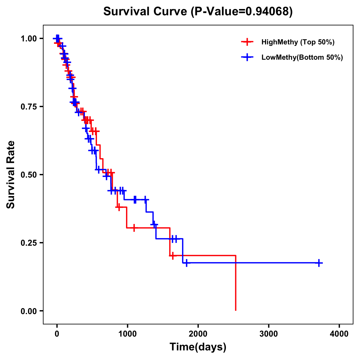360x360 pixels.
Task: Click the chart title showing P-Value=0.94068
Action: (x=198, y=12)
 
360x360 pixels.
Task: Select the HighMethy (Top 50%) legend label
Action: (x=298, y=42)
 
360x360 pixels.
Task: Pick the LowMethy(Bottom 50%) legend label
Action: (x=302, y=58)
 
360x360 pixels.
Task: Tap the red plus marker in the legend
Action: (x=247, y=42)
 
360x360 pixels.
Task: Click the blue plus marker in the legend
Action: (x=247, y=58)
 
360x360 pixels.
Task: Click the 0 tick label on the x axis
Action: (x=57, y=334)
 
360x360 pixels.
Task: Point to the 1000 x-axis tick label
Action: (x=127, y=334)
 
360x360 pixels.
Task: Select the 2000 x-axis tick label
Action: (x=198, y=334)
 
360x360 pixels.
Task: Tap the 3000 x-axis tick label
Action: (x=269, y=334)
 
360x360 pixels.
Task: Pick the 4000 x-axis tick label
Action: (x=339, y=334)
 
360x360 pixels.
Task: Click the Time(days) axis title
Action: (x=198, y=347)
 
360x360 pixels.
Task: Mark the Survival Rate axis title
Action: (x=11, y=175)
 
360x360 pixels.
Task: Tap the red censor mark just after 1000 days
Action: (x=134, y=228)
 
